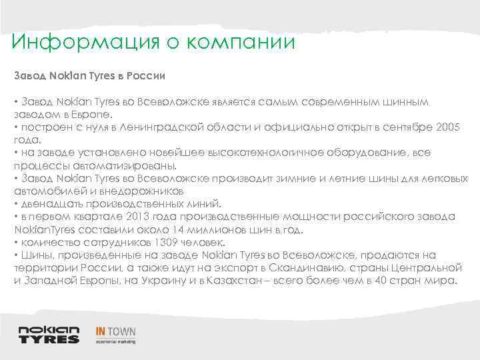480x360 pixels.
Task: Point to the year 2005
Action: pos(446,128)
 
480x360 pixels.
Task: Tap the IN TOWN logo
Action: pos(115,333)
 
